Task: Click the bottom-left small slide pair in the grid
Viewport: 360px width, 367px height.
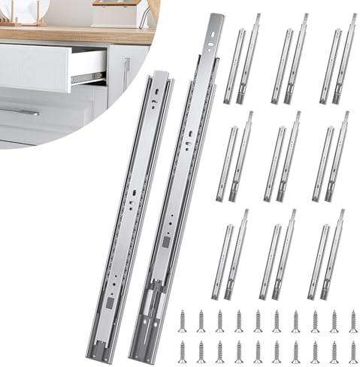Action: point(230,256)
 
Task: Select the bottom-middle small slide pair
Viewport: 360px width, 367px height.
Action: point(278,256)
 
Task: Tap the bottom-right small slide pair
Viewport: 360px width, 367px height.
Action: point(326,256)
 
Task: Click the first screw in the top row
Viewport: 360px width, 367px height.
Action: point(181,322)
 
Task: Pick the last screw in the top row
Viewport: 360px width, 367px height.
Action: point(353,322)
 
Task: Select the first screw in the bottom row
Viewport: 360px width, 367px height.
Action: point(181,351)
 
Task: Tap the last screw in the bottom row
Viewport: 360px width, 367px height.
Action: point(353,351)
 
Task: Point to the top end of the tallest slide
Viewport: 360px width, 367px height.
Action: point(215,23)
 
